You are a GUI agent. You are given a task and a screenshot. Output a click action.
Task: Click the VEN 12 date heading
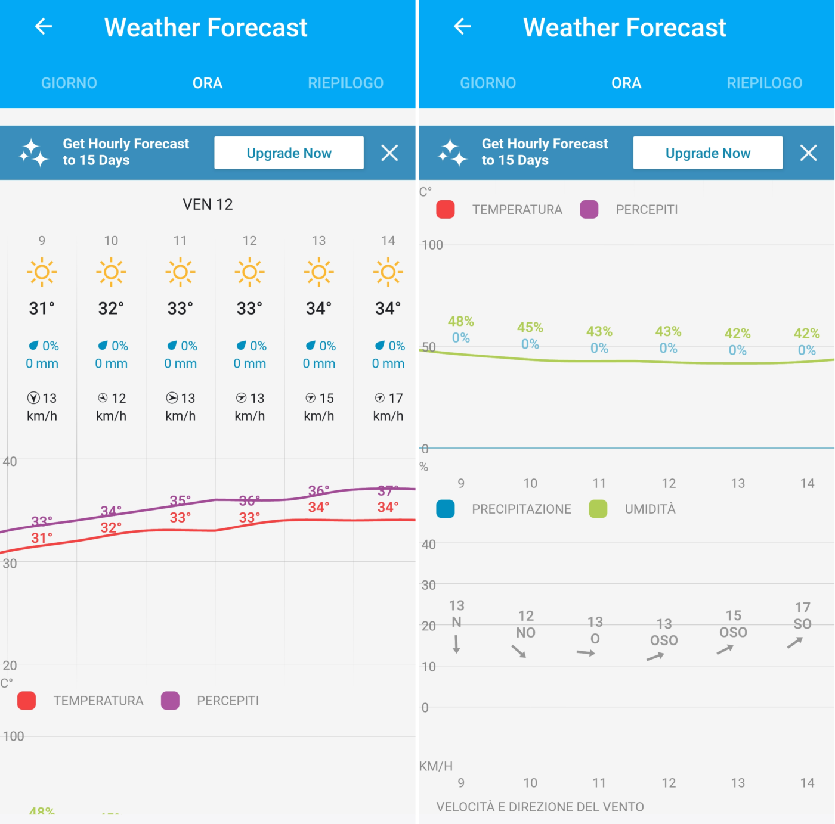208,204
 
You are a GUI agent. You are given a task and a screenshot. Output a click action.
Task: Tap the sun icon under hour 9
42,272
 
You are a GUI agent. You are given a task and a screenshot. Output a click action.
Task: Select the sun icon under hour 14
388,272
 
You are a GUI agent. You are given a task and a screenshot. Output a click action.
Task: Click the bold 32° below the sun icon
111,309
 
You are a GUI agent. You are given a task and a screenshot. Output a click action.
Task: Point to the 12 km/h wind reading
112,406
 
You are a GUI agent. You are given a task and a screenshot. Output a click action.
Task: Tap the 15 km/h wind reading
319,406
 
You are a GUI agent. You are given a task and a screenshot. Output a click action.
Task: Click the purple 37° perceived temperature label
388,490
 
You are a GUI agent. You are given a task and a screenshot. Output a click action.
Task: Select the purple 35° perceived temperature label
180,500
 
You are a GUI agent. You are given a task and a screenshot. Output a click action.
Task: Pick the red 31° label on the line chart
42,538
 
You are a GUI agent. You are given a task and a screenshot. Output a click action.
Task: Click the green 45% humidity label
530,327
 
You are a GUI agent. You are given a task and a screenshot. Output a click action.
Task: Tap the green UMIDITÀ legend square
598,509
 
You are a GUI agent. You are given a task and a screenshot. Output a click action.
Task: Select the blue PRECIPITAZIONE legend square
446,509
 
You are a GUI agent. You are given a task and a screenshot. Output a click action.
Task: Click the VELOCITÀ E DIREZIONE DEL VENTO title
540,807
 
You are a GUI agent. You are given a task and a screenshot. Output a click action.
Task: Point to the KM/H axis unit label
436,766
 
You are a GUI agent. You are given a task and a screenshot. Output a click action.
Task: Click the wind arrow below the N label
456,644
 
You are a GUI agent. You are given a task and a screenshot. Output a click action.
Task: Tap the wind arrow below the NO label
519,651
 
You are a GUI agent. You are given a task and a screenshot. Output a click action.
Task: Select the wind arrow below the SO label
795,642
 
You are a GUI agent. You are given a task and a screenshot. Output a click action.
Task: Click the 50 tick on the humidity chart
429,347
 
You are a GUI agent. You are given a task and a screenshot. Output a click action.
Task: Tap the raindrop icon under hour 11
172,346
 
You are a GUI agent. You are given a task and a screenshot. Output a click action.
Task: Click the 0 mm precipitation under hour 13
319,363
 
